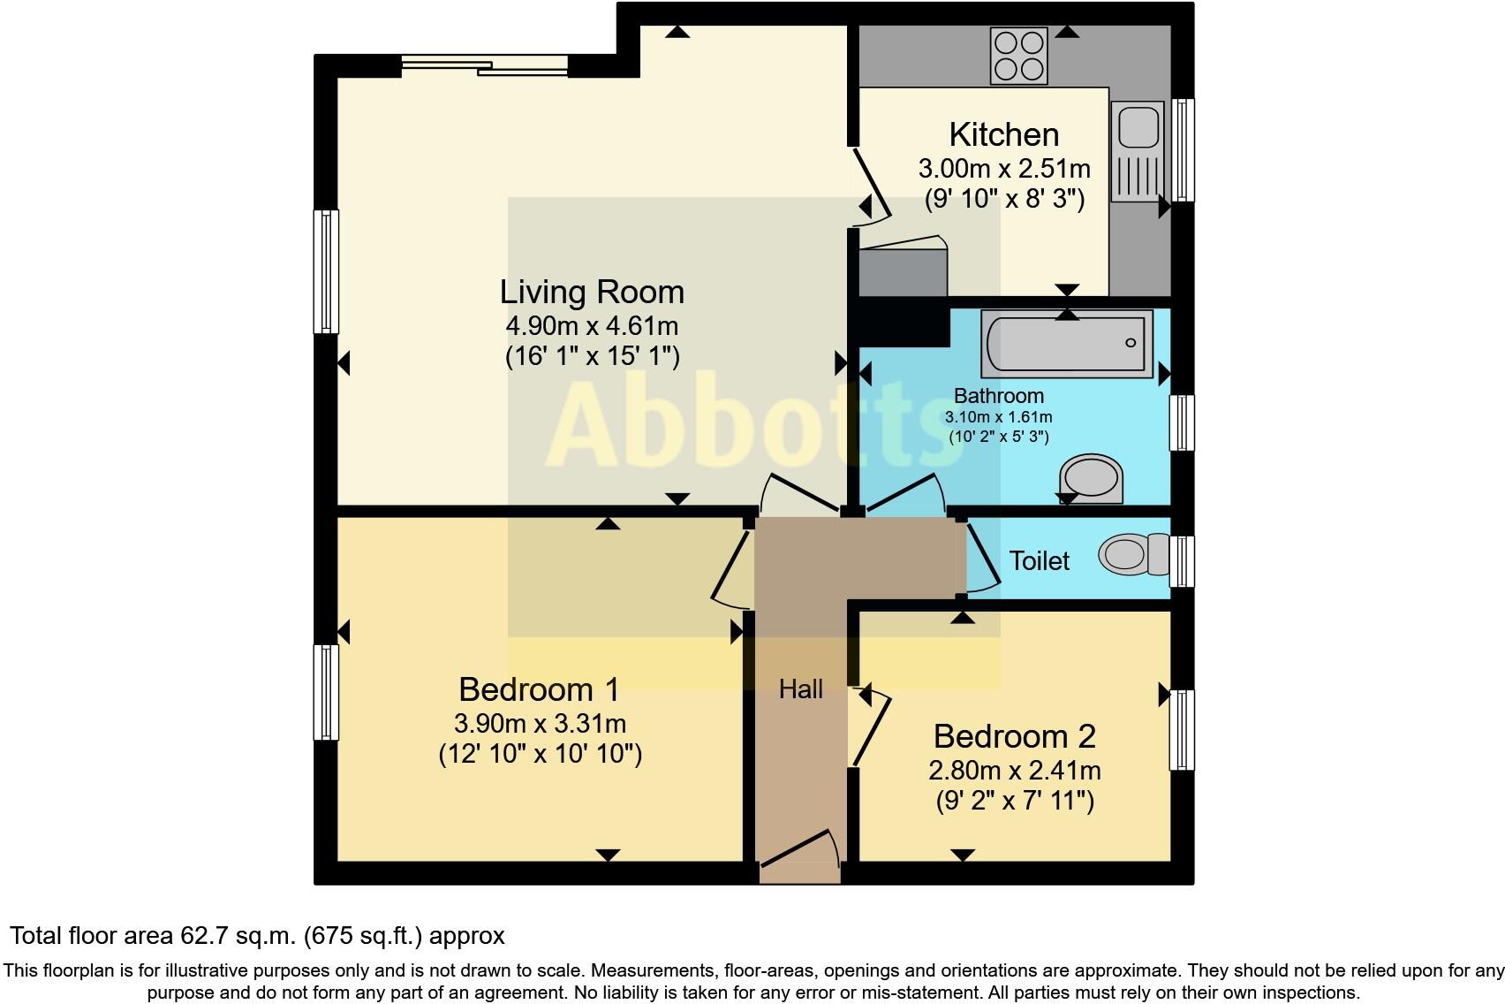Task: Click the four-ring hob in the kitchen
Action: [1018, 56]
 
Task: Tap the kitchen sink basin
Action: [1138, 128]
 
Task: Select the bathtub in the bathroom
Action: [1067, 343]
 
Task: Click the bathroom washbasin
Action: [1091, 479]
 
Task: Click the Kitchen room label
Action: [1004, 134]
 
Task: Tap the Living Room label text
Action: [592, 292]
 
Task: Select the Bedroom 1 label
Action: [539, 689]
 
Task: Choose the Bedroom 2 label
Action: [1015, 736]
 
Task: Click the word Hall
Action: [801, 689]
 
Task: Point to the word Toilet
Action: [1040, 561]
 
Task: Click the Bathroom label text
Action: [999, 395]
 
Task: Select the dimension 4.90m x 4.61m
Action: [592, 326]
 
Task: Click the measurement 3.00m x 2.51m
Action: [1004, 168]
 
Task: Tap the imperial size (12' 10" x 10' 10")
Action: [541, 754]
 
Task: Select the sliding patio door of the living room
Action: [485, 65]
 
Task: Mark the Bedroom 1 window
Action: [327, 693]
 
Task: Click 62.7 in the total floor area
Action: [200, 936]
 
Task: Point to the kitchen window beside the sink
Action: [1183, 150]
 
